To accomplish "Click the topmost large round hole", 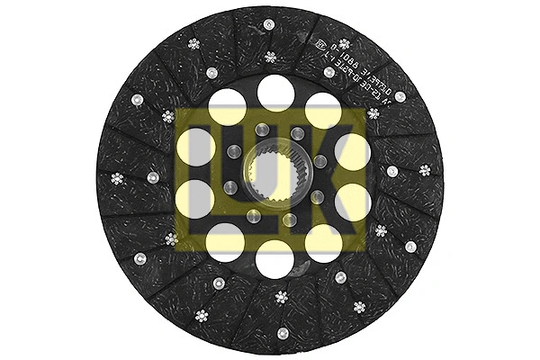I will pyautogui.click(x=274, y=92).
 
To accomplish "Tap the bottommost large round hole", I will pyautogui.click(x=274, y=258).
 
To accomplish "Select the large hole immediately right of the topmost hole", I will pyautogui.click(x=323, y=111).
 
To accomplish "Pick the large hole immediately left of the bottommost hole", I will pyautogui.click(x=226, y=241).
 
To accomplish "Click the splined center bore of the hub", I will pyautogui.click(x=274, y=175).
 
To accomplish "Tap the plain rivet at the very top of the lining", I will pyautogui.click(x=269, y=24).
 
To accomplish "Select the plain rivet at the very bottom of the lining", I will pyautogui.click(x=283, y=333).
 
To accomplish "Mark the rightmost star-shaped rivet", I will pyautogui.click(x=425, y=170).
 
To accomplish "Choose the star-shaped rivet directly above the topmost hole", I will pyautogui.click(x=271, y=57).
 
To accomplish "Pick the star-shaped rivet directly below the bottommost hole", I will pyautogui.click(x=281, y=297).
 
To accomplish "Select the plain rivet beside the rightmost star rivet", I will pyautogui.click(x=392, y=170).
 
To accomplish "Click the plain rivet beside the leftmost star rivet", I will pyautogui.click(x=153, y=178).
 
